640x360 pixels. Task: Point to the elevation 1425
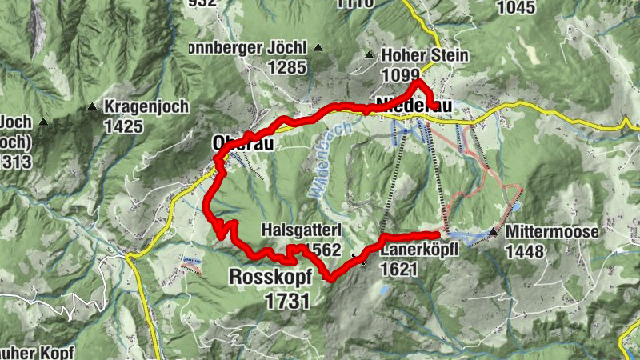(x=123, y=126)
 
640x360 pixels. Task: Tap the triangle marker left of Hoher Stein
(x=370, y=55)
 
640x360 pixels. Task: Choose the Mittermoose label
(x=552, y=233)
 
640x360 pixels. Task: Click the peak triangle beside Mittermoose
(x=494, y=232)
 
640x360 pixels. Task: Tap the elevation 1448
(x=525, y=252)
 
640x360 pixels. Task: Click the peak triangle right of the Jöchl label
(x=318, y=47)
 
